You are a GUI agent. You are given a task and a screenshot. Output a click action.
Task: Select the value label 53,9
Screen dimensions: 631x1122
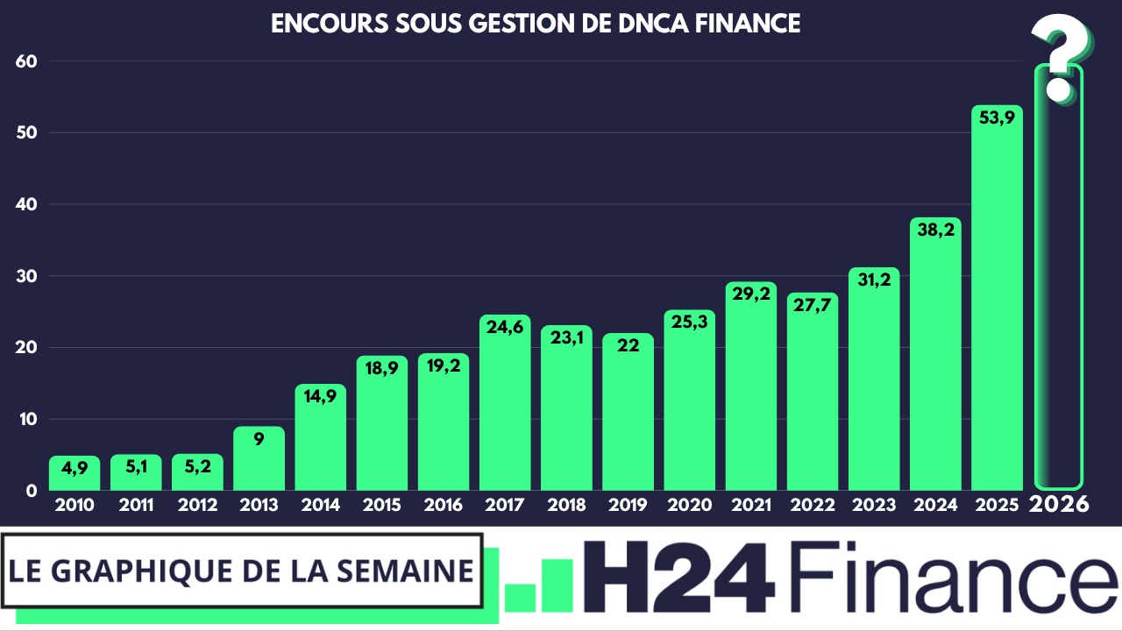[x=997, y=117]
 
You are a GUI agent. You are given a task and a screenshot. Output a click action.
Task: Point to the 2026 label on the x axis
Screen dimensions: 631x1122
[x=1059, y=505]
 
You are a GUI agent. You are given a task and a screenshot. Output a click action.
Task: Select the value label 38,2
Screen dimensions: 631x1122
[x=935, y=230]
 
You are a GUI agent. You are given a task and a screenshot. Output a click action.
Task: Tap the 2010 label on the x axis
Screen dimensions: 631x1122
[x=75, y=506]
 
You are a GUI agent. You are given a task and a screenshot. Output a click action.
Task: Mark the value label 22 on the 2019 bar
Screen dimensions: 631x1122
[x=628, y=345]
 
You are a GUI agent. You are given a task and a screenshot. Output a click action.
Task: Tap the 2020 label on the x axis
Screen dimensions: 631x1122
[x=689, y=506]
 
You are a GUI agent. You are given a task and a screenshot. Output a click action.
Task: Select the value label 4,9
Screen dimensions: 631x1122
[x=75, y=468]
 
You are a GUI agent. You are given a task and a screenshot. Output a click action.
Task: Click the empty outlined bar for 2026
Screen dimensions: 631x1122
[x=1059, y=289]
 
